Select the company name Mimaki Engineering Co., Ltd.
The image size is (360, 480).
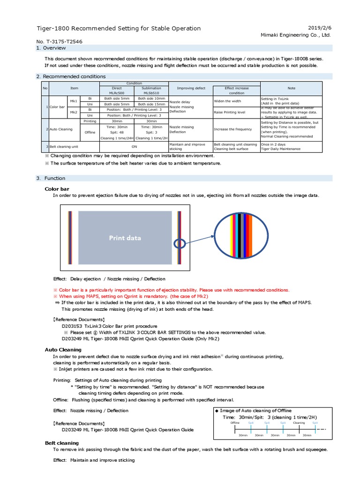(x=296, y=35)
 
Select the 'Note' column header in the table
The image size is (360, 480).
(x=291, y=88)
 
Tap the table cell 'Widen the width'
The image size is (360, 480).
(x=227, y=101)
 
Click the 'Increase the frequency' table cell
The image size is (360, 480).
(x=234, y=129)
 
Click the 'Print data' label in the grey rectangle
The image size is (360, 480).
(x=125, y=238)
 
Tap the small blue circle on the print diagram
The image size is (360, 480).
(x=179, y=244)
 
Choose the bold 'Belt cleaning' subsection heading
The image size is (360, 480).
(x=62, y=442)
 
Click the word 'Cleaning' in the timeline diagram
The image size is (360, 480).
(x=299, y=422)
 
